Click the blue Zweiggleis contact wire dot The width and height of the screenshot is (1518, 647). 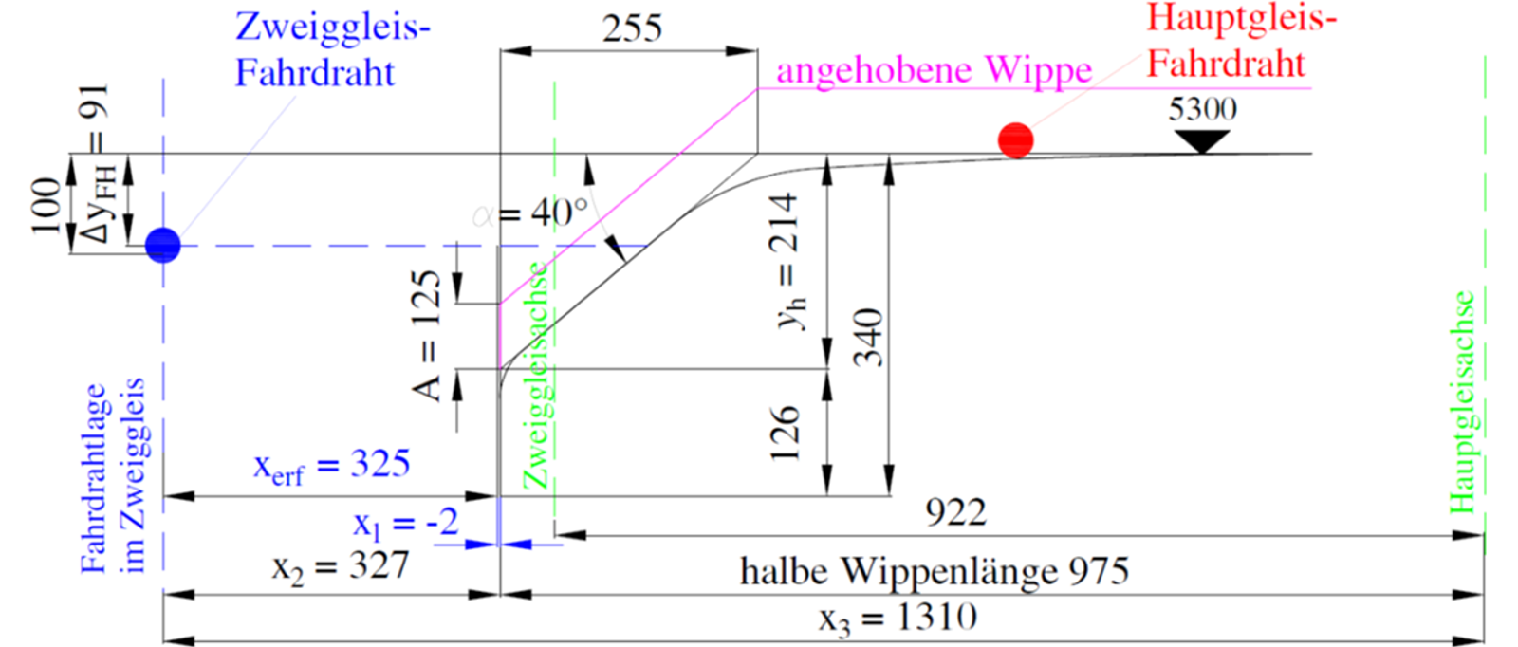(x=163, y=245)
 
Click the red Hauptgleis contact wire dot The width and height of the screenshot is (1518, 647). (x=1016, y=140)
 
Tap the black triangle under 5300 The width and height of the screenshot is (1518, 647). (x=1202, y=141)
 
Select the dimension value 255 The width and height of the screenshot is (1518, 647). (x=632, y=28)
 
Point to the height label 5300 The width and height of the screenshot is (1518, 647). (x=1202, y=108)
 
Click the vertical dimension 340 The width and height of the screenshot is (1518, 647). (x=869, y=338)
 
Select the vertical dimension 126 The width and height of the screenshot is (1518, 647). (x=786, y=433)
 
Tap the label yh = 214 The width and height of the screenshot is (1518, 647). (x=788, y=262)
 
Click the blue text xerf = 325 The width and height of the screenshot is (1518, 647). (x=332, y=466)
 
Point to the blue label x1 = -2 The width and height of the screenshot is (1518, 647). (x=406, y=524)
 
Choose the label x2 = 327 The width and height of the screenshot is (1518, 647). (x=341, y=566)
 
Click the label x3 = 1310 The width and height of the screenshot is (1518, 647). (x=898, y=619)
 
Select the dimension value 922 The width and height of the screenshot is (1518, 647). (x=956, y=513)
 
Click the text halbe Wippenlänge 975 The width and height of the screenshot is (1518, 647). (x=935, y=571)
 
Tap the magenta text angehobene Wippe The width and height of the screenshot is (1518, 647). (x=935, y=71)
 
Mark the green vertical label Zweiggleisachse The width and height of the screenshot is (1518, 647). (x=536, y=375)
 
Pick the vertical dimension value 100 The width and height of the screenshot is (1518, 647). (x=47, y=206)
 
